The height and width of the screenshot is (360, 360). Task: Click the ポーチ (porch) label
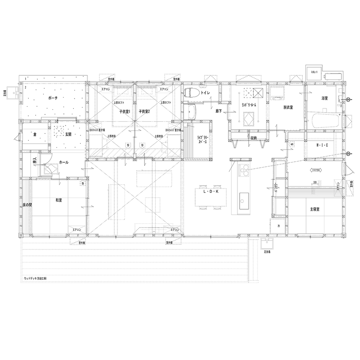(53, 98)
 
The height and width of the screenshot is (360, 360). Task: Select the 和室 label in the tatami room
(59, 200)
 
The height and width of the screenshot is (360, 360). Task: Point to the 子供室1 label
(125, 111)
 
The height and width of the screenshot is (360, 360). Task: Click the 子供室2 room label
(144, 111)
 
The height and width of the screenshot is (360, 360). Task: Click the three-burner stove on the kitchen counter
(243, 170)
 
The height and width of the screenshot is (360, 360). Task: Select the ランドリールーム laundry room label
(249, 104)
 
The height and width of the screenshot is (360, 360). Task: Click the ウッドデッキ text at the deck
(36, 278)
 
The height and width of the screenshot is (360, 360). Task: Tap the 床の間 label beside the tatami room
(27, 206)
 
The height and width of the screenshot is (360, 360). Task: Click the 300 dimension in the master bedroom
(315, 183)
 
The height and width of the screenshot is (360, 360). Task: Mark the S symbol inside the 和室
(82, 184)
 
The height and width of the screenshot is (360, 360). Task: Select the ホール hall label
(63, 162)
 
